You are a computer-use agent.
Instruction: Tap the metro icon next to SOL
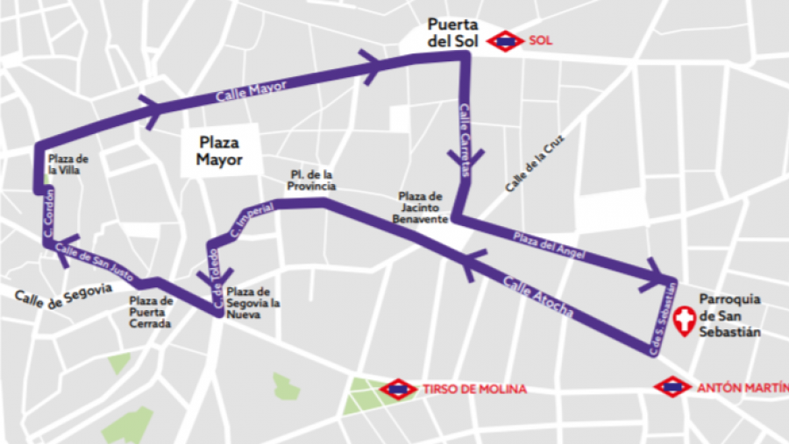(506, 40)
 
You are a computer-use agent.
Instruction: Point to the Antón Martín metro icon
(672, 386)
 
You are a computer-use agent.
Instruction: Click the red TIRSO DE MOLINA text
(474, 389)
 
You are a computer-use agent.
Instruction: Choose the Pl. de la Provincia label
(312, 180)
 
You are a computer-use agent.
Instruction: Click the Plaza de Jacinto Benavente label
(423, 208)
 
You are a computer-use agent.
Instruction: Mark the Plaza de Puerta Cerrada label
(151, 312)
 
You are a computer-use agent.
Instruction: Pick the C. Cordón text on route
(49, 210)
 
